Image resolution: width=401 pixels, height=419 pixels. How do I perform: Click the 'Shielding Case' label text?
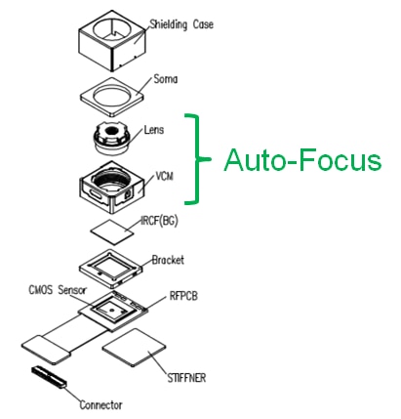pos(181,24)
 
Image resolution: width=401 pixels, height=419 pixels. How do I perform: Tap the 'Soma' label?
pos(166,79)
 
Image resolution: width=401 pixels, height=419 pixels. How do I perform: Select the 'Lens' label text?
pos(154,130)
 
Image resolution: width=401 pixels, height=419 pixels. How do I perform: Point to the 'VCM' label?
pos(165,176)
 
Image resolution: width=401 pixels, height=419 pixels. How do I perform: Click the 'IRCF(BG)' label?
pos(159,221)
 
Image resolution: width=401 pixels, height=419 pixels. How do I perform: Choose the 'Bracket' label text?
pos(168,260)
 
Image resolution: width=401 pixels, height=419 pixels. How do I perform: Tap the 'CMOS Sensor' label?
pos(58,289)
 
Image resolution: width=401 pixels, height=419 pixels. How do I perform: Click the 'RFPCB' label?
pos(183,296)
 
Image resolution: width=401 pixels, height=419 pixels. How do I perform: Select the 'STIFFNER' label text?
pos(186,378)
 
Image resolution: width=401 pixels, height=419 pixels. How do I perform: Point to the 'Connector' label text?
pos(100,405)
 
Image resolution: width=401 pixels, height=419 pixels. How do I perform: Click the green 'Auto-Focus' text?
pos(302,160)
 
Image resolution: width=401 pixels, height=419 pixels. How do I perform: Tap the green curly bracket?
pos(196,159)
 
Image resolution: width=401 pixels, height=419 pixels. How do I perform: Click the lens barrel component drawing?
pos(111,139)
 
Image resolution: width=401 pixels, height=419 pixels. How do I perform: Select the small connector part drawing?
pos(49,377)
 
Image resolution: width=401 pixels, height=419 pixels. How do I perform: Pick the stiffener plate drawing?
pos(134,348)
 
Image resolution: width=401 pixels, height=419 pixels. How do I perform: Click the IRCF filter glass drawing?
pos(112,231)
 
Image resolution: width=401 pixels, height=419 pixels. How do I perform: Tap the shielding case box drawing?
pos(112,40)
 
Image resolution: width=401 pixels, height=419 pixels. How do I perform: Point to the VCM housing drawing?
pos(112,188)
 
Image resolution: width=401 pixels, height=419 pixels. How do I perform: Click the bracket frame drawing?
pos(111,269)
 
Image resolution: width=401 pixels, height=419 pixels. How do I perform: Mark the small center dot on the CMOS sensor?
pos(111,310)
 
